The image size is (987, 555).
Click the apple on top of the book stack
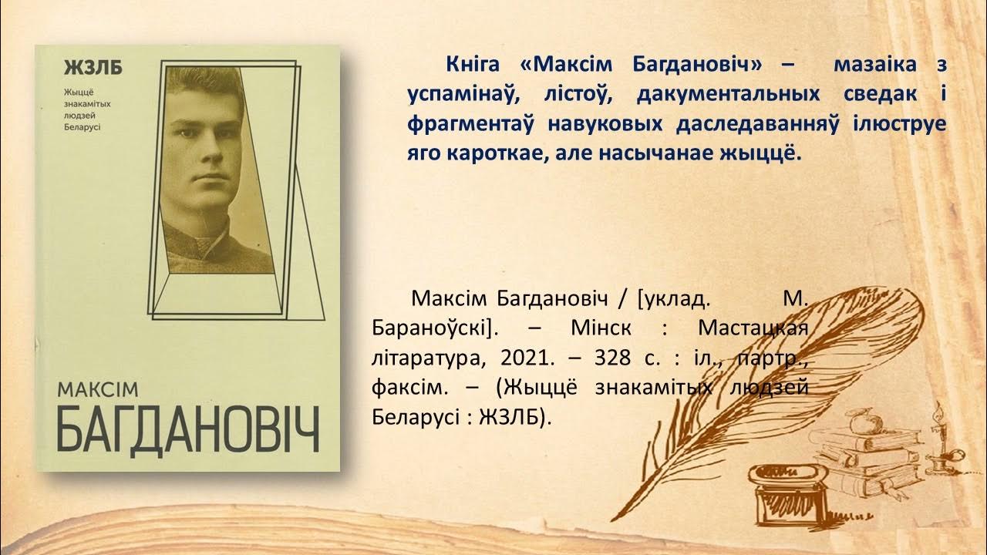click(857, 422)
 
